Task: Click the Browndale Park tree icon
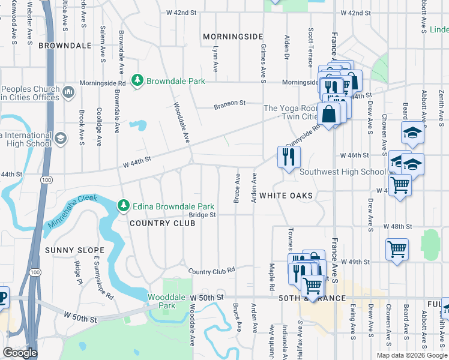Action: click(x=138, y=80)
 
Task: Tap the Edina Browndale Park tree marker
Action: click(x=124, y=206)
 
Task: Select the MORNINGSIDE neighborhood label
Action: click(x=229, y=37)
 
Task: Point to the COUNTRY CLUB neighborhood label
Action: click(x=163, y=223)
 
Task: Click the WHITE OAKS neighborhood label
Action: click(x=286, y=196)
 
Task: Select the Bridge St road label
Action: click(x=202, y=215)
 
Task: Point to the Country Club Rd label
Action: click(x=211, y=271)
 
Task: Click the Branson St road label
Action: click(x=231, y=103)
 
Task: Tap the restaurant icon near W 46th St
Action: click(x=289, y=157)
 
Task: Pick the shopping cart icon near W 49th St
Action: click(x=396, y=249)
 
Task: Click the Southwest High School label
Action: click(x=343, y=172)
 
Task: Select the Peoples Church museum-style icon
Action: click(x=68, y=92)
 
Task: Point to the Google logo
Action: click(x=20, y=353)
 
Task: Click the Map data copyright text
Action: click(x=411, y=355)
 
